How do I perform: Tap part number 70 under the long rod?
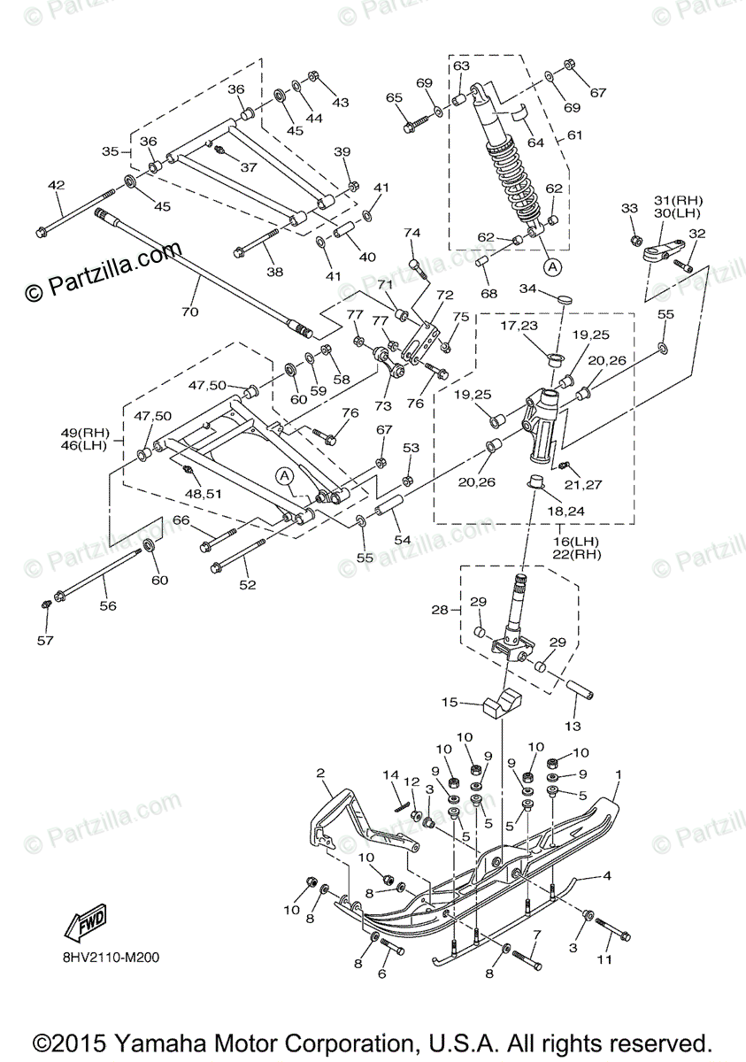[190, 312]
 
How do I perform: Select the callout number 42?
[57, 185]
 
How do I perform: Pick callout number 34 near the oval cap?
[528, 289]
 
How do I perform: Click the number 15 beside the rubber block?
[450, 703]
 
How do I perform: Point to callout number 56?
[107, 606]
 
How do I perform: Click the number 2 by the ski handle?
[320, 773]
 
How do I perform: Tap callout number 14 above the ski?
[391, 775]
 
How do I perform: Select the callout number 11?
[604, 959]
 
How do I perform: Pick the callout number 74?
[412, 233]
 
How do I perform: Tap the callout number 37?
[249, 166]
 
